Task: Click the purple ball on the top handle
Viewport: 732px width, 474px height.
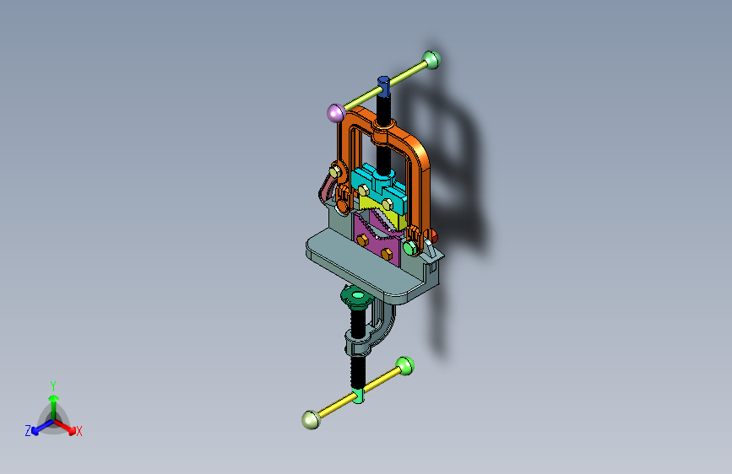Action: [x=336, y=113]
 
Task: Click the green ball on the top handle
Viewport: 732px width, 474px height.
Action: [x=431, y=60]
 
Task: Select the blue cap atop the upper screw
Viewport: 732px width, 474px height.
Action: [x=384, y=86]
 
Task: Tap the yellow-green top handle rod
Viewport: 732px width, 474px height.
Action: [x=385, y=86]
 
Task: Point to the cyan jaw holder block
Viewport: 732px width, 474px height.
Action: [x=377, y=186]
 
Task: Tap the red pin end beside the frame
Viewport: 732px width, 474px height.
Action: [x=434, y=235]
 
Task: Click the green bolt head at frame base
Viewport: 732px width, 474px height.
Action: [x=409, y=248]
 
